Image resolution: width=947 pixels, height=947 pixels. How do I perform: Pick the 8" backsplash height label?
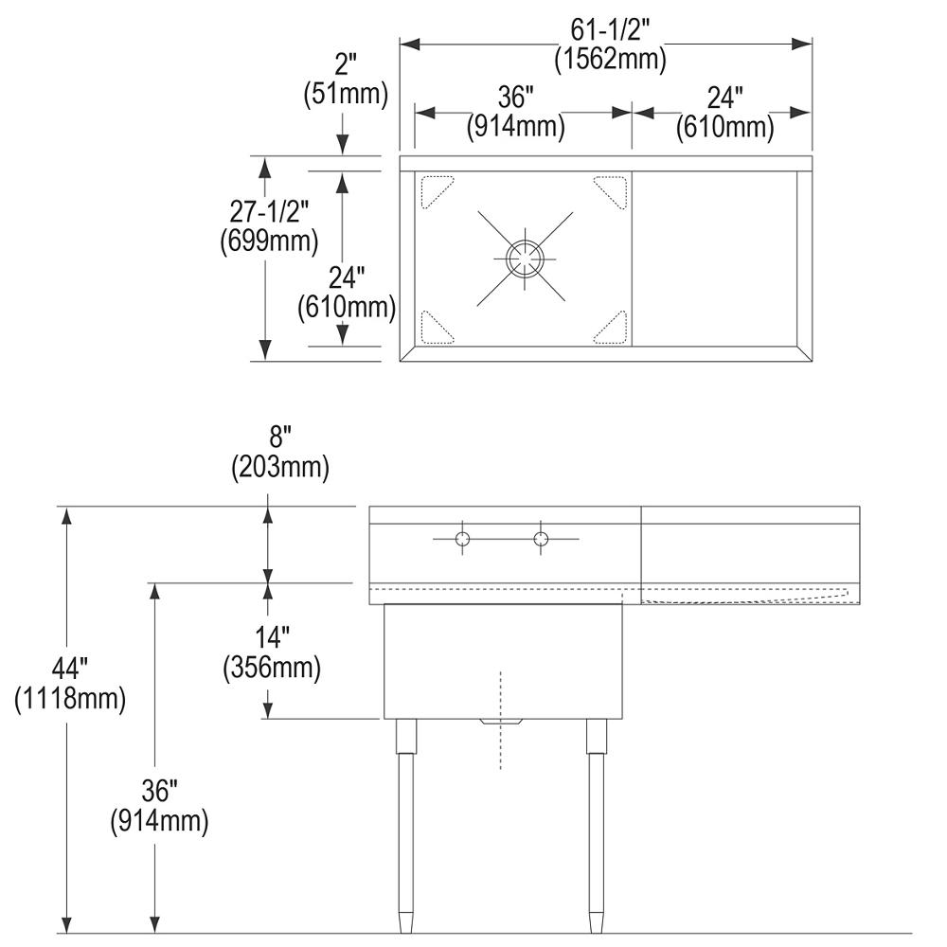(x=280, y=438)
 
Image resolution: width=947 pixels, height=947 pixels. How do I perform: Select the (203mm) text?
(x=280, y=467)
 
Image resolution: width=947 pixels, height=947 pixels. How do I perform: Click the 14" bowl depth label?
(x=271, y=635)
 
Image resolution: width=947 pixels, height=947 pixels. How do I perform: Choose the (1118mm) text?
(x=69, y=701)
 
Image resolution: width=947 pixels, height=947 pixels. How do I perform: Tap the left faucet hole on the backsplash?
(x=462, y=540)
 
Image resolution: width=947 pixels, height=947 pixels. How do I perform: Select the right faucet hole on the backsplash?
(x=541, y=540)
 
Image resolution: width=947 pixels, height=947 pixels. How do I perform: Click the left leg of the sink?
(x=405, y=824)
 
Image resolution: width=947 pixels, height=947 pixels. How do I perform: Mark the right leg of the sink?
(x=597, y=824)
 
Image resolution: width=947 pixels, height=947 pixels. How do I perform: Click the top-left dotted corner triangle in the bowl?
(x=435, y=188)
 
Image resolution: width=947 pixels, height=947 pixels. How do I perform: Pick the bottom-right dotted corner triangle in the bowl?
(x=613, y=327)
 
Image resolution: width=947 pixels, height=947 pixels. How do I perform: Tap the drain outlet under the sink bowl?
(x=501, y=723)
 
